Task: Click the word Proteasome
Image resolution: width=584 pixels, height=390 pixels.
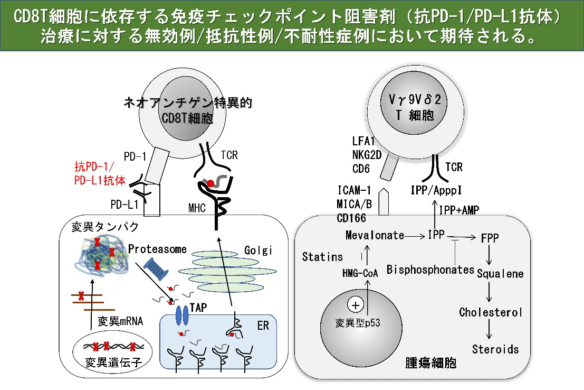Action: [157, 249]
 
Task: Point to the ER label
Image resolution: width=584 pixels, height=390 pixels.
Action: [263, 326]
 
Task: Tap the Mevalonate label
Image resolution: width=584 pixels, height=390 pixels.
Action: [375, 235]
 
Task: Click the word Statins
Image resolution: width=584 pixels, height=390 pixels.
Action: [323, 257]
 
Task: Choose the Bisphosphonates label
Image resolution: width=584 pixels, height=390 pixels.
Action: [430, 270]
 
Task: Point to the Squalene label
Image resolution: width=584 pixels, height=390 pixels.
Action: [500, 273]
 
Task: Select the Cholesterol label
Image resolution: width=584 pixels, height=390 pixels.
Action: [491, 312]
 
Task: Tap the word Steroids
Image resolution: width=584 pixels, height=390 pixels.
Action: [495, 349]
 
